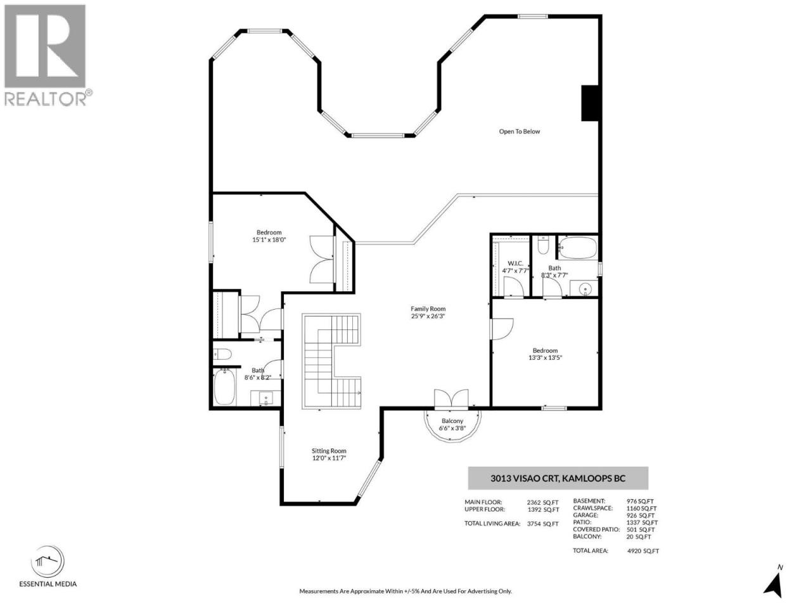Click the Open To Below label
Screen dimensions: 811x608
click(x=519, y=132)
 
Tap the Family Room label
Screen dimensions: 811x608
click(x=428, y=308)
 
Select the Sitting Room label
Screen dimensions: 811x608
click(x=329, y=451)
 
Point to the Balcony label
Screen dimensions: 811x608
click(x=452, y=421)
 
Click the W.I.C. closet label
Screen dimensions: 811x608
click(x=515, y=263)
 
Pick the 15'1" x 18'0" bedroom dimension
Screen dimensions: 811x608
click(x=269, y=239)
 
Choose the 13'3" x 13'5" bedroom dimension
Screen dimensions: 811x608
click(x=545, y=357)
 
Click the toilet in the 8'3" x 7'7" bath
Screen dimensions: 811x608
click(x=543, y=244)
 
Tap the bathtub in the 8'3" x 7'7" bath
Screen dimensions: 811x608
click(x=577, y=248)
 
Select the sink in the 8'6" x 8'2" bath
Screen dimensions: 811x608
click(x=266, y=398)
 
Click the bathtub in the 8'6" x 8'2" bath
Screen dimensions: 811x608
click(x=224, y=386)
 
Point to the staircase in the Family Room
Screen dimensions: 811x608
click(x=331, y=361)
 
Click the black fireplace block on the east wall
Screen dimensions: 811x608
click(x=590, y=103)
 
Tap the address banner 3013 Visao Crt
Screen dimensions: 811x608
click(x=558, y=478)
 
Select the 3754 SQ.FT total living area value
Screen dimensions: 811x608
click(x=543, y=524)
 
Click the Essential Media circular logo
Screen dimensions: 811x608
click(x=48, y=560)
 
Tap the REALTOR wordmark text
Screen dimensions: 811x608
click(x=46, y=99)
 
